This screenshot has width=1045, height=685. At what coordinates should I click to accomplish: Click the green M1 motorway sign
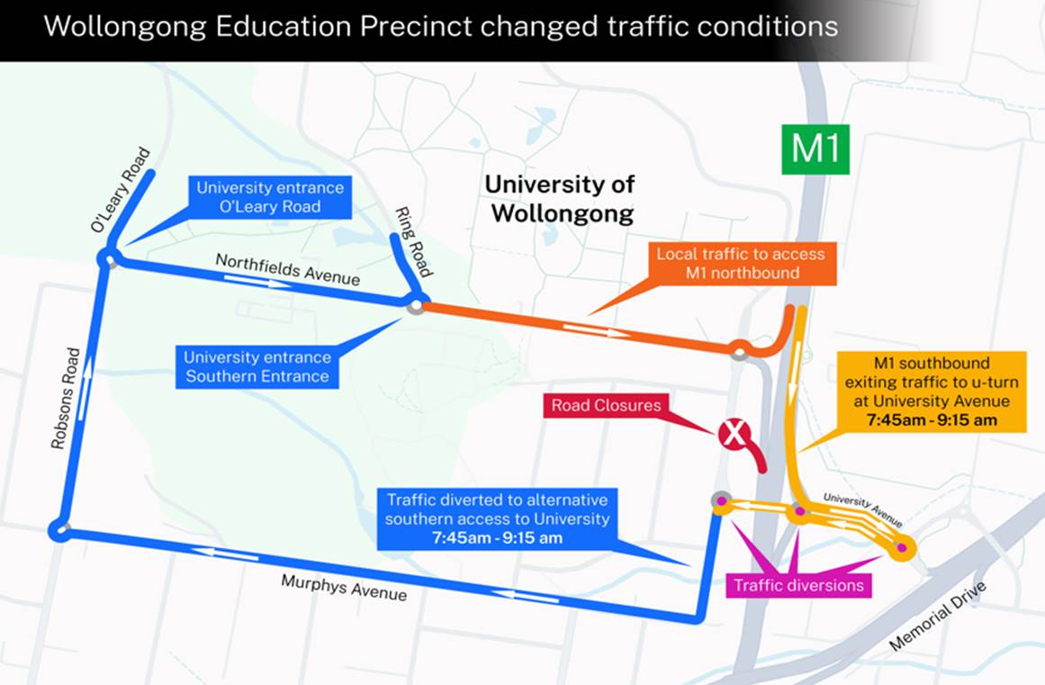pos(815,149)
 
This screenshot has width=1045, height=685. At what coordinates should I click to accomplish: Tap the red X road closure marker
pos(734,436)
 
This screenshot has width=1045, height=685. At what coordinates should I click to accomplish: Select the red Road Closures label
pos(606,405)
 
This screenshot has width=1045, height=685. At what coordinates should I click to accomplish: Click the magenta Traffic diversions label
pos(798,586)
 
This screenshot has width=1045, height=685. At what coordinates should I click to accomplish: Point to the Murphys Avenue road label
pos(344,588)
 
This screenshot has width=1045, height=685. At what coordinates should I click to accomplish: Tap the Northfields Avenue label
pos(287,269)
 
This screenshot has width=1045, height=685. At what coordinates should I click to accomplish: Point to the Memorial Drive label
pos(938,616)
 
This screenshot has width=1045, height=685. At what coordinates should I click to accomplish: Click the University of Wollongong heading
pos(559,199)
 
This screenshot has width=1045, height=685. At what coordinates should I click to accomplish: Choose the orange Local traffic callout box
pos(740,263)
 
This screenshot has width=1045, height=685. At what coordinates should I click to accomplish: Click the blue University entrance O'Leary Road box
pos(270,197)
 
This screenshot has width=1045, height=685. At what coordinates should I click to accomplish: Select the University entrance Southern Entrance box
pos(257,366)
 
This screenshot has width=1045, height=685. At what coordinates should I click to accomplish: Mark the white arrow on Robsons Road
pos(88,378)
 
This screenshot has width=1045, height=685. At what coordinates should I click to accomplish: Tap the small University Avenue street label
pos(862,509)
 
